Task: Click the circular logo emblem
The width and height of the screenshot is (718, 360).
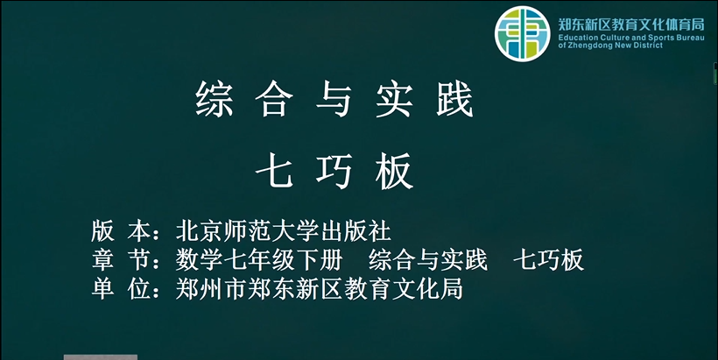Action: [x=522, y=34]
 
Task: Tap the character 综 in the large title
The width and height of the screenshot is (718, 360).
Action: [x=215, y=99]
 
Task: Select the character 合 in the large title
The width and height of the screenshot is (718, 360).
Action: [x=274, y=99]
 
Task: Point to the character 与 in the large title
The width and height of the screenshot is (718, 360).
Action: [x=334, y=99]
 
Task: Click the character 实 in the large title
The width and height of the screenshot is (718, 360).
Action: [x=394, y=99]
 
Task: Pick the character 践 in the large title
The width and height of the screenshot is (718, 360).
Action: [x=454, y=99]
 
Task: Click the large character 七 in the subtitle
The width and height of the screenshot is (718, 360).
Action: [x=274, y=171]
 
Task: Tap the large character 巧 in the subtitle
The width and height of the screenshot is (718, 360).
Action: [x=334, y=171]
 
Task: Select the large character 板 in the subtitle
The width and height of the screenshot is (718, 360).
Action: [x=395, y=171]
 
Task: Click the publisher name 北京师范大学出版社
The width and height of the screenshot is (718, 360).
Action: [x=284, y=231]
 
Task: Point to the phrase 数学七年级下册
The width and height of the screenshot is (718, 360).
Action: [x=259, y=260]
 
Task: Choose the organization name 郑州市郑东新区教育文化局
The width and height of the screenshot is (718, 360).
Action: [x=320, y=289]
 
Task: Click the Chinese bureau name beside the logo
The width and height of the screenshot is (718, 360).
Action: [x=631, y=25]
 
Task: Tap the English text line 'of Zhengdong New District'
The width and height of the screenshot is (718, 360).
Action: [x=610, y=46]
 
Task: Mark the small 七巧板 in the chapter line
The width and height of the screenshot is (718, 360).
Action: [x=549, y=260]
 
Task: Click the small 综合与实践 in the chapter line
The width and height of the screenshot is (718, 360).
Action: [x=428, y=260]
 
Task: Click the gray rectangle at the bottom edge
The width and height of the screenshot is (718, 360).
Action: [x=101, y=357]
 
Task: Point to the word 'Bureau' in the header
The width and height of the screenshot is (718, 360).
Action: [x=690, y=38]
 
